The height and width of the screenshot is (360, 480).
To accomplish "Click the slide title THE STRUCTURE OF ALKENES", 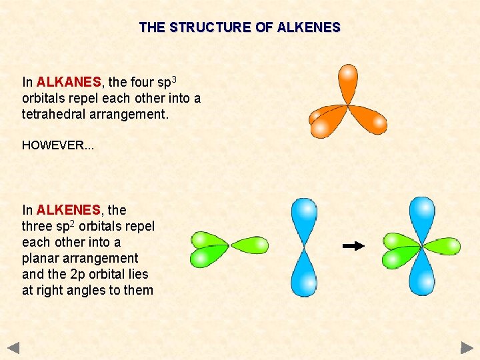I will pyautogui.click(x=239, y=28).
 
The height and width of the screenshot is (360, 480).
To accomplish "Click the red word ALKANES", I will pyautogui.click(x=69, y=83).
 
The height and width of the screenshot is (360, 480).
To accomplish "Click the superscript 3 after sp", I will pyautogui.click(x=174, y=79).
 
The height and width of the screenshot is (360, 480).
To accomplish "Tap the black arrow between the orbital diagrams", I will pyautogui.click(x=353, y=246).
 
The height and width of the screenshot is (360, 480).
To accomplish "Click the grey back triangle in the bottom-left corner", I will pyautogui.click(x=14, y=347).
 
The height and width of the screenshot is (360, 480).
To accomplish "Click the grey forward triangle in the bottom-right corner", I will pyautogui.click(x=467, y=347).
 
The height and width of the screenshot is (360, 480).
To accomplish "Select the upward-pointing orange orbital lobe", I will pyautogui.click(x=347, y=83).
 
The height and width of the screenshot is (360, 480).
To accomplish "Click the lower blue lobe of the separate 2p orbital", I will pyautogui.click(x=304, y=275).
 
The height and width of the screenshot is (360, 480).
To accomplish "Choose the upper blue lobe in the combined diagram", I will pyautogui.click(x=421, y=217).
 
